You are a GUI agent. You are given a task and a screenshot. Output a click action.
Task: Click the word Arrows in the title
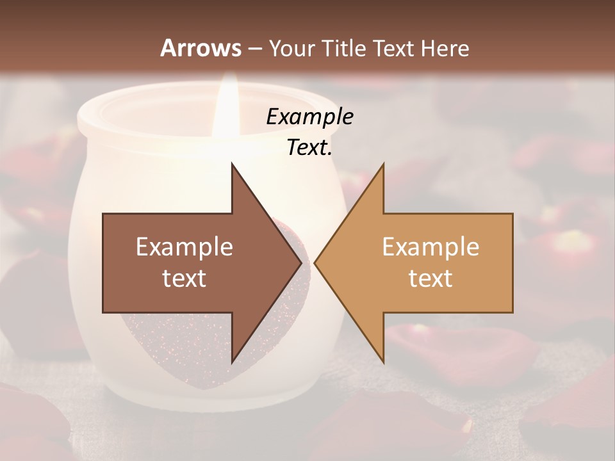point(201,48)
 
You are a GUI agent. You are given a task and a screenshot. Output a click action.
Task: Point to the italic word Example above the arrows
point(309,117)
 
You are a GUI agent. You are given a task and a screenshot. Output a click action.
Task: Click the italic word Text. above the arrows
point(309,148)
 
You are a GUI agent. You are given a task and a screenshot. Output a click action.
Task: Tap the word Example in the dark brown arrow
point(184,247)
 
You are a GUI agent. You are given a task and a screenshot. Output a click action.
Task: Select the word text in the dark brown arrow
point(184,279)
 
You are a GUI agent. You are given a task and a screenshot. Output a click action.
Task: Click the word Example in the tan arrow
point(430,247)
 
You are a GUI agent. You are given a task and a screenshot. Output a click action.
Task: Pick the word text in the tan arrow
point(430,279)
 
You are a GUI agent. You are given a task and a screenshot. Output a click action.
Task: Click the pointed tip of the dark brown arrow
point(300,263)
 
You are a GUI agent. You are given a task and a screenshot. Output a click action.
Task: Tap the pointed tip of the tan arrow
point(316,263)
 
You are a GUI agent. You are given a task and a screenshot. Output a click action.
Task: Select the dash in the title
point(255,49)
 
